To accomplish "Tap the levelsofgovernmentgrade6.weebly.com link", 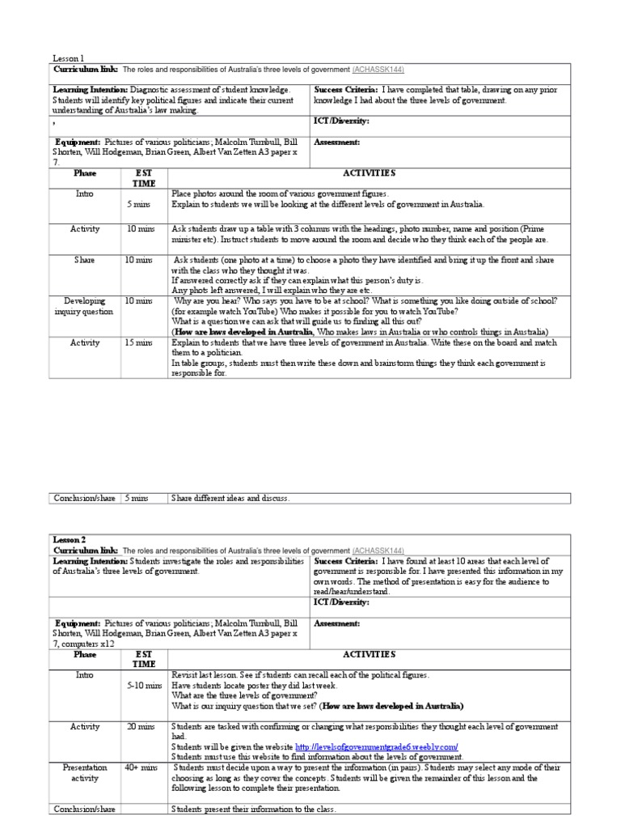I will (377, 746).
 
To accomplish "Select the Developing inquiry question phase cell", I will (86, 306).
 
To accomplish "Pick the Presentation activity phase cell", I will (86, 772).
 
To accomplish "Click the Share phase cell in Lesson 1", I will (85, 260).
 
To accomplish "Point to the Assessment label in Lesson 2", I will (336, 624).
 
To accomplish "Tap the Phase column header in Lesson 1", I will (85, 173).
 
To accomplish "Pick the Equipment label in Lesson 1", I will (77, 142).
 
